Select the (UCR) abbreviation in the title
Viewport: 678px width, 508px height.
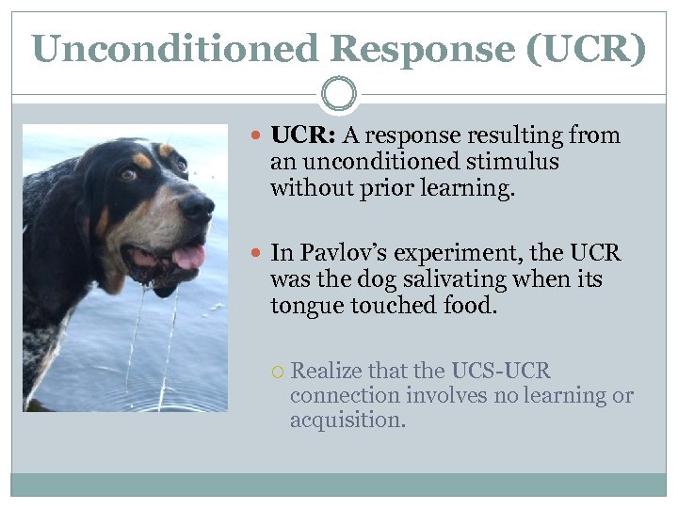point(587,48)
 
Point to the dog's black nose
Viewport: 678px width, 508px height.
point(197,207)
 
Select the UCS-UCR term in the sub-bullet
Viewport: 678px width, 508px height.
point(501,371)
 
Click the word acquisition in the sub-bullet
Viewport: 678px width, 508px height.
point(347,421)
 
